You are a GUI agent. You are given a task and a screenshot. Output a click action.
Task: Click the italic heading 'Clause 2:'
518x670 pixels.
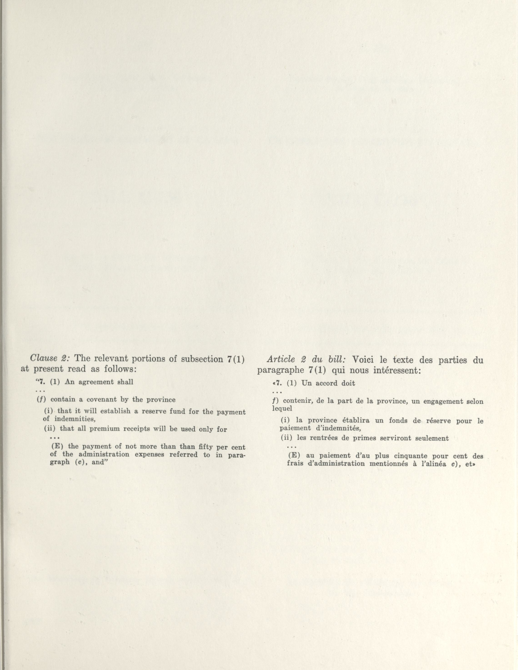50,359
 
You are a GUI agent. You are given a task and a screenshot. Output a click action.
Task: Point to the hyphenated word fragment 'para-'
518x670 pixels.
236,455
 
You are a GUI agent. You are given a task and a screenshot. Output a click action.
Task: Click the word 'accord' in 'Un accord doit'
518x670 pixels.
327,383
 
